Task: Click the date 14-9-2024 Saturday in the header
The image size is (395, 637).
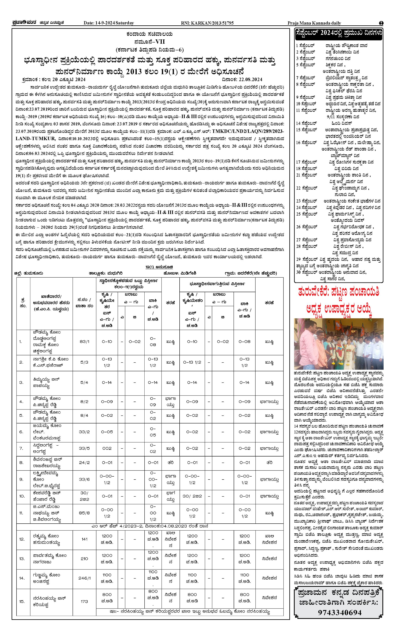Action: coord(109,23)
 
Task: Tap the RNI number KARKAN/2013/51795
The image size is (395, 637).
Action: coord(207,23)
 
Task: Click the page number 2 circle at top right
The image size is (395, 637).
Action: coord(381,23)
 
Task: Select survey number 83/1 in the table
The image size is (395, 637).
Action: coord(84,342)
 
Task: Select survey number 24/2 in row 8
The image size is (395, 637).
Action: coord(84,462)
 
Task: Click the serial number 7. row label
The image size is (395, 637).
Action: coord(21,448)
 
